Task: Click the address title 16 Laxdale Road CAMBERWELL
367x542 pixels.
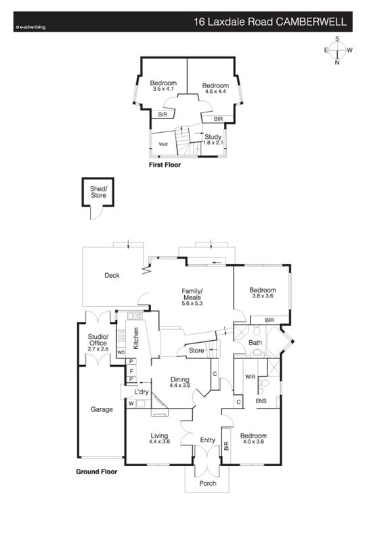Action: pos(270,22)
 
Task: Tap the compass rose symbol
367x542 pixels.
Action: pos(338,50)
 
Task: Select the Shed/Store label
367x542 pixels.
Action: pos(98,192)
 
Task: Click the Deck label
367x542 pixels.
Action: pos(112,276)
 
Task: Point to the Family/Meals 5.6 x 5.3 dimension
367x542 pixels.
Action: pos(192,304)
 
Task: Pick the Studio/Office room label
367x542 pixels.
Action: pos(98,340)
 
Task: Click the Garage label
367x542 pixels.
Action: pos(102,410)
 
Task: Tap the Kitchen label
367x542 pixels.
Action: pos(136,338)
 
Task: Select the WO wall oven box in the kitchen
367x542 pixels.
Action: pos(121,352)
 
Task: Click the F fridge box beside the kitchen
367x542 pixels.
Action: pos(131,371)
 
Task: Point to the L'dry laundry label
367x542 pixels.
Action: pos(142,392)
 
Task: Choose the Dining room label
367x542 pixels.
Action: pos(179,379)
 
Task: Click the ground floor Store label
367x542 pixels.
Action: pos(196,350)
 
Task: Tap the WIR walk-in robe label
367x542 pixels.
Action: pos(250,377)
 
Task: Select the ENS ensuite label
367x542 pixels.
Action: pos(261,401)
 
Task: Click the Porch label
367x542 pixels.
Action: pos(208,483)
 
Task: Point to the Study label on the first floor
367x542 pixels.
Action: pos(213,137)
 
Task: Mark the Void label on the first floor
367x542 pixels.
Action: pos(163,144)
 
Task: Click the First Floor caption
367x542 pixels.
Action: pos(165,165)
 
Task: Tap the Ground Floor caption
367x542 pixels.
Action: pos(96,472)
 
